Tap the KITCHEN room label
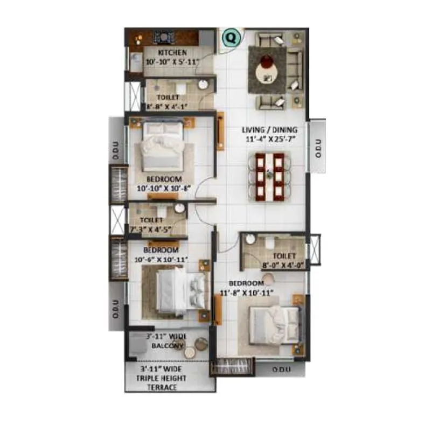[172, 53]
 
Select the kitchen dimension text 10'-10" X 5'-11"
[172, 61]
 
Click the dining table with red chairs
[269, 176]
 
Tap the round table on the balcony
[190, 352]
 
